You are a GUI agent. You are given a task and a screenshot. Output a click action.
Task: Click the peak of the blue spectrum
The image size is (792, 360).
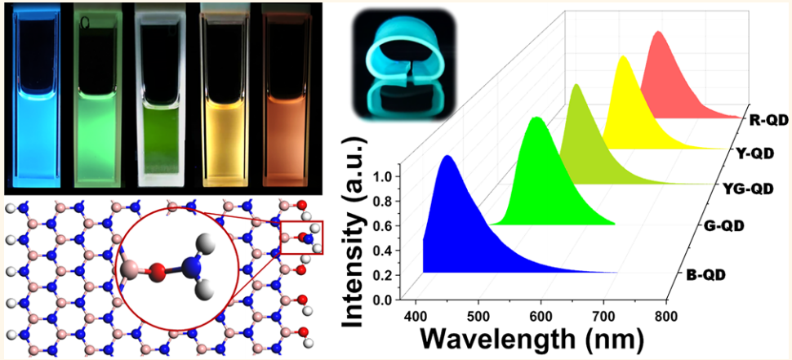click(447, 157)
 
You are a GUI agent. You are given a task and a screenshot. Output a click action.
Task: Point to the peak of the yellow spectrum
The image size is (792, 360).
click(624, 58)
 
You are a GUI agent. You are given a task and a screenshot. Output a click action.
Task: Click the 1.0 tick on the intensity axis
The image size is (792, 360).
click(391, 176)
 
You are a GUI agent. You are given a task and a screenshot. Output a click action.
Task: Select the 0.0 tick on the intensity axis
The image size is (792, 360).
click(391, 300)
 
